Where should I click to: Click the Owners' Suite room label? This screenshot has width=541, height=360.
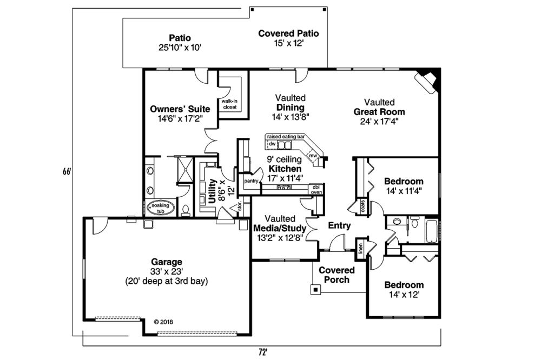click(x=180, y=109)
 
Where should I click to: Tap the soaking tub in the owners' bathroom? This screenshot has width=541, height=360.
click(x=161, y=208)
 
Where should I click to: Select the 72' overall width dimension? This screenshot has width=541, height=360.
click(x=263, y=352)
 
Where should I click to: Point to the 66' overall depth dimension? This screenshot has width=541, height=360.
click(x=67, y=171)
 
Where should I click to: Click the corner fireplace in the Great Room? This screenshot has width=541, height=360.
click(x=428, y=82)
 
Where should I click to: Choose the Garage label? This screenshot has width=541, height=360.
click(x=166, y=262)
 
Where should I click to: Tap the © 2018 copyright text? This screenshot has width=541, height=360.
click(x=163, y=322)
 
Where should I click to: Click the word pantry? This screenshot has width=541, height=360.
click(x=251, y=181)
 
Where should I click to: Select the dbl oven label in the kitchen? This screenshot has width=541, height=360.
click(x=316, y=190)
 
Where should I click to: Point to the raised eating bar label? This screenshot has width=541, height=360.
click(x=286, y=137)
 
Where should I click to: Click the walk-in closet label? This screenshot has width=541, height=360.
click(x=229, y=104)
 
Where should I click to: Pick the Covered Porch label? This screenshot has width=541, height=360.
click(x=337, y=275)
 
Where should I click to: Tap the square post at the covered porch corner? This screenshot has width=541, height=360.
click(x=315, y=290)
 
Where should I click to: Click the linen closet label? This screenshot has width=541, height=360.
click(x=360, y=248)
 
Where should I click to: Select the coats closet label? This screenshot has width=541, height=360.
click(x=362, y=206)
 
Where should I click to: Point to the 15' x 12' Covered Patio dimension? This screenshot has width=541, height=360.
click(x=289, y=43)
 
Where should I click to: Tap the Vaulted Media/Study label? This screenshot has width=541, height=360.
click(x=280, y=228)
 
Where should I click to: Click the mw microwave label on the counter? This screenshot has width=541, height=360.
click(x=313, y=156)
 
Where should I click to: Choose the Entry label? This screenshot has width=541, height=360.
click(x=339, y=225)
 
